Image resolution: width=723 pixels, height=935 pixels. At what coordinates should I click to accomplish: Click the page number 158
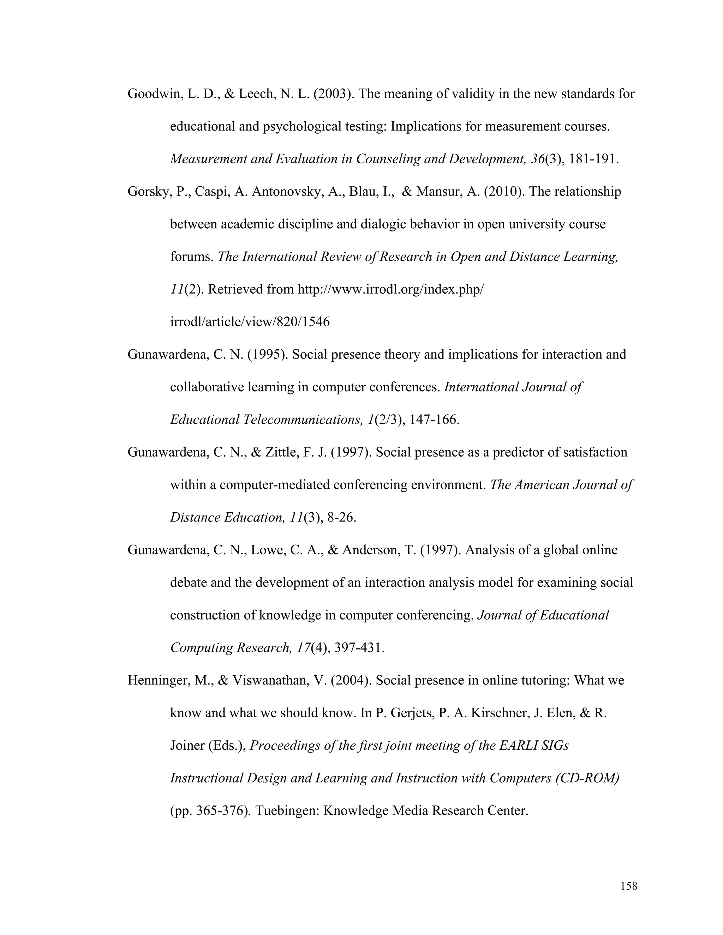pos(628,886)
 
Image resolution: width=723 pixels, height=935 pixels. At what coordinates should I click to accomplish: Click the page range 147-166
pos(434,420)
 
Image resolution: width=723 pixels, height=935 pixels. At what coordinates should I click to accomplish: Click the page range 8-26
pos(341,518)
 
